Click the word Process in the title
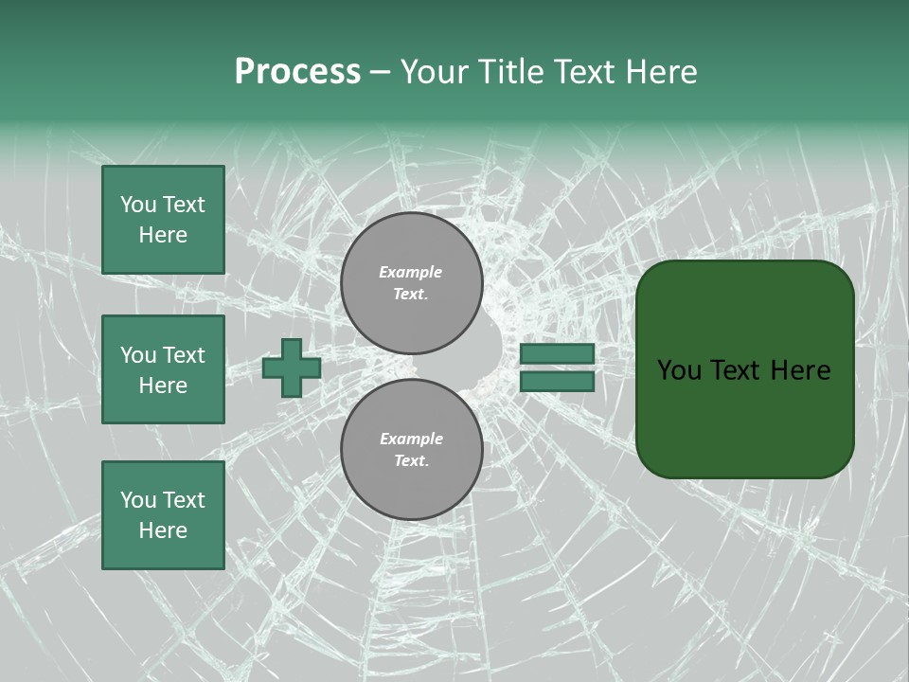point(297,72)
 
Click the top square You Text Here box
point(163,220)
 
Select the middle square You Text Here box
point(163,369)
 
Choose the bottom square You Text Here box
point(163,514)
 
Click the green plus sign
point(292,368)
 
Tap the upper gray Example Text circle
point(411,282)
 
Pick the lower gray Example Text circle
point(411,449)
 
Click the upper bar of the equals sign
point(557,353)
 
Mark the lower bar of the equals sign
point(557,381)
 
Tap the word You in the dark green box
point(680,370)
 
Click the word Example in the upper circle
point(411,272)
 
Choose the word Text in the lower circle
point(411,461)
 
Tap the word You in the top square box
point(136,205)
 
